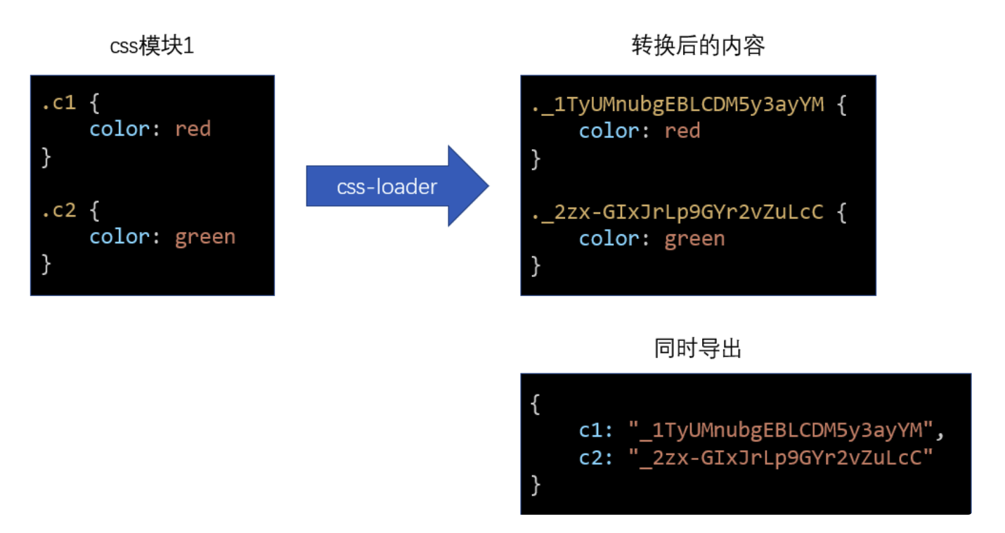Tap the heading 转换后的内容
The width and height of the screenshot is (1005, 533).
click(697, 46)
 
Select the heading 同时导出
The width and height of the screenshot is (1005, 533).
click(697, 349)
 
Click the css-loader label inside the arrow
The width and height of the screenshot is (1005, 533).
click(387, 186)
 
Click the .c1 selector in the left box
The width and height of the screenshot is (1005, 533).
click(58, 103)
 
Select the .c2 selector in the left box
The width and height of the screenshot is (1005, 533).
click(58, 210)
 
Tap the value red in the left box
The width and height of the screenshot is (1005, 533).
click(193, 129)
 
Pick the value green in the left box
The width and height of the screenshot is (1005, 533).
click(205, 237)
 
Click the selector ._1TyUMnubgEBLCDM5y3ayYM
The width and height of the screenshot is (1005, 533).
click(678, 105)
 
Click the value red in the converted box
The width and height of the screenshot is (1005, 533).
click(682, 131)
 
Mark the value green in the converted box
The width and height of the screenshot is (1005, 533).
click(694, 239)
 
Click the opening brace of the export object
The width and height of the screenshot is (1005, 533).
click(536, 404)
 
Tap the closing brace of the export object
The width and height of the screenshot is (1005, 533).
click(536, 484)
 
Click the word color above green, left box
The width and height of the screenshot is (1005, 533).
click(119, 237)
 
